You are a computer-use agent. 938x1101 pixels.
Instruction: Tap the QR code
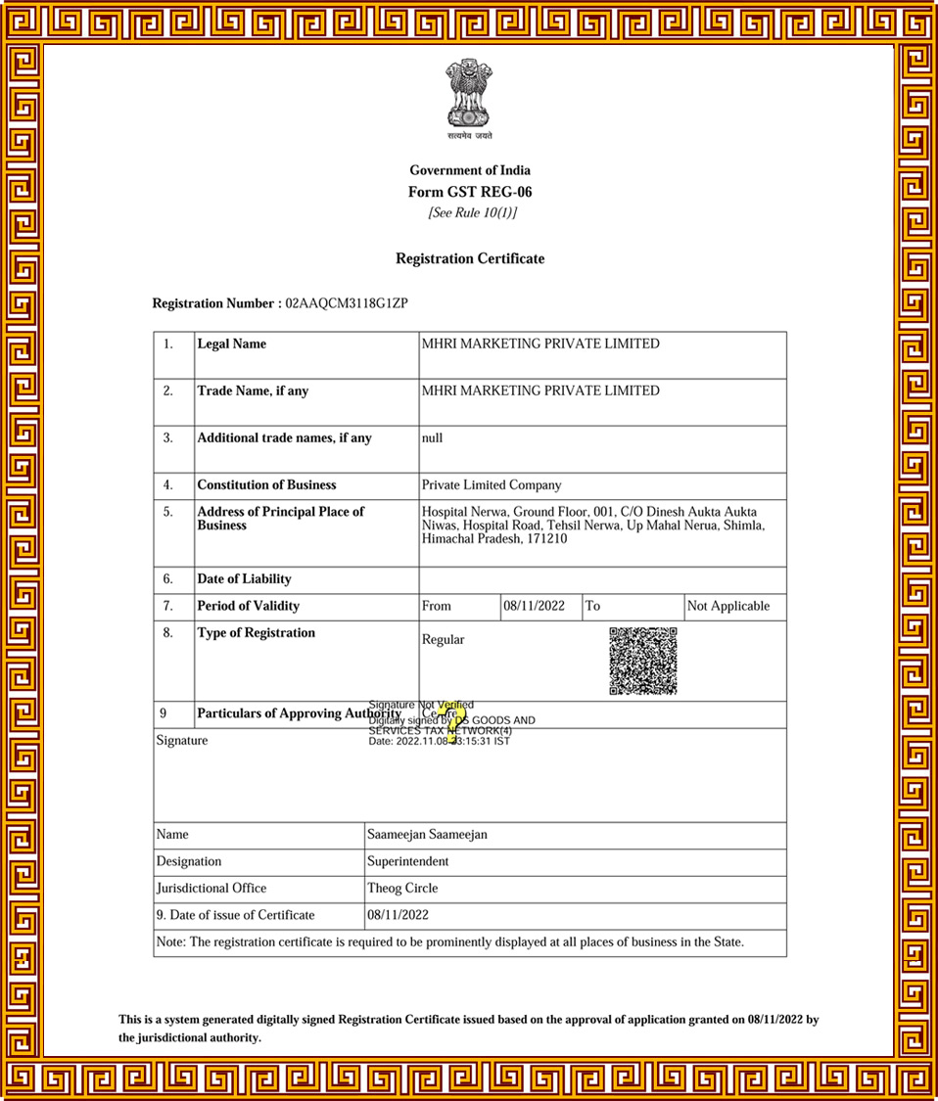(643, 661)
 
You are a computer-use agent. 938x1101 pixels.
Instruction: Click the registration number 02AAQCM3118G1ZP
(346, 303)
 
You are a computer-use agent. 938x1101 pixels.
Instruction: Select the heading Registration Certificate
(470, 258)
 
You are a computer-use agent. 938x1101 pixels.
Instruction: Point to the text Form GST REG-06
(470, 192)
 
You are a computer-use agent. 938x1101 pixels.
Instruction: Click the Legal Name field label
(231, 344)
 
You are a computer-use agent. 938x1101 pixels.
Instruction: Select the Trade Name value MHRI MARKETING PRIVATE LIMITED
(540, 390)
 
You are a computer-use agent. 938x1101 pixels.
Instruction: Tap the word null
(432, 438)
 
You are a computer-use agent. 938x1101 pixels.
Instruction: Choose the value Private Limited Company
(492, 484)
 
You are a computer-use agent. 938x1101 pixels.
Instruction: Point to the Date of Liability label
(244, 579)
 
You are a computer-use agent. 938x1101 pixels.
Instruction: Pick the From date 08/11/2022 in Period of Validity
(535, 606)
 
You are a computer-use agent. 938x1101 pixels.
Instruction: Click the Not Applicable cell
(728, 606)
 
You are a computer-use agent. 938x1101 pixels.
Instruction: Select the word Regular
(443, 640)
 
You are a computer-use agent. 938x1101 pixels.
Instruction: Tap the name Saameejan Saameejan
(427, 835)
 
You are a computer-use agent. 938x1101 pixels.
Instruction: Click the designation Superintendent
(407, 861)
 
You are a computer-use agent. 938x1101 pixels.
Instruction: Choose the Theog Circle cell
(402, 889)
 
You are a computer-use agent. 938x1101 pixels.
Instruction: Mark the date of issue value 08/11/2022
(398, 915)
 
